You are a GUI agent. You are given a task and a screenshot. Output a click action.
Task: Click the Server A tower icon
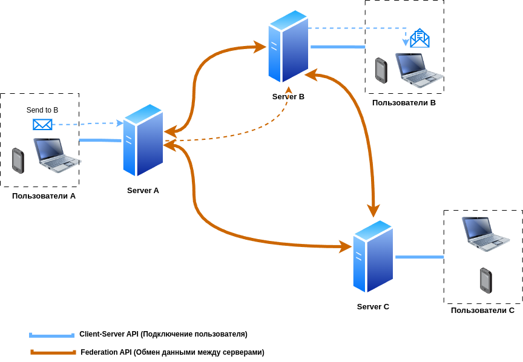click(x=143, y=140)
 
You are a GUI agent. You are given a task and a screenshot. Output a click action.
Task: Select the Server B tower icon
click(x=288, y=46)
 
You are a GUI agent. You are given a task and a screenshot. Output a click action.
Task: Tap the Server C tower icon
click(x=373, y=256)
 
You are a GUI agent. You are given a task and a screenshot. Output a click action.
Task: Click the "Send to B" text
click(x=42, y=110)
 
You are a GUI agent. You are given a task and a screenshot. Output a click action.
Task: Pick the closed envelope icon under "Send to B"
click(x=42, y=125)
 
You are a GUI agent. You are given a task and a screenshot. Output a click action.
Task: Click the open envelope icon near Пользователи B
click(x=419, y=38)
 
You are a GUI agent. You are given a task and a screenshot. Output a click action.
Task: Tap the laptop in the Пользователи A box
click(x=57, y=155)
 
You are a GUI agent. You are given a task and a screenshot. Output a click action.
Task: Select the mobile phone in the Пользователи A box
click(x=18, y=161)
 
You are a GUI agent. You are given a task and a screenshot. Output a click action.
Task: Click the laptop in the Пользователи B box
click(x=419, y=70)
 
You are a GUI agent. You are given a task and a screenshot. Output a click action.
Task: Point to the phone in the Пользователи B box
click(x=381, y=70)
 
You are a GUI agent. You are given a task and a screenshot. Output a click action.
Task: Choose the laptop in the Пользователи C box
click(x=485, y=234)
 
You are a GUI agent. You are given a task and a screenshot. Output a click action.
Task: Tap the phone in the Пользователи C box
click(x=486, y=280)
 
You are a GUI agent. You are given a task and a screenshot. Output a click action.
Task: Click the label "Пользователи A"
click(x=44, y=196)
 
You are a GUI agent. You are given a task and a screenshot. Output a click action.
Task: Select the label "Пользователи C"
click(x=482, y=311)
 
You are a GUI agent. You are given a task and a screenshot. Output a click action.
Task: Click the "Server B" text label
click(x=288, y=97)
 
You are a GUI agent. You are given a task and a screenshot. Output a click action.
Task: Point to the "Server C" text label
click(x=373, y=307)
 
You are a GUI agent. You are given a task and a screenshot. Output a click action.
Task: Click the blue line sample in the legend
click(x=51, y=335)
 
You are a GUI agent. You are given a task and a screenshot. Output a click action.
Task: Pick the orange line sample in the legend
click(x=53, y=352)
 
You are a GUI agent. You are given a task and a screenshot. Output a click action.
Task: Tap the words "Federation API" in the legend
click(x=107, y=352)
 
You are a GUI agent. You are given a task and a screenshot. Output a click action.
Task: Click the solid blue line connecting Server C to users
click(x=419, y=257)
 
